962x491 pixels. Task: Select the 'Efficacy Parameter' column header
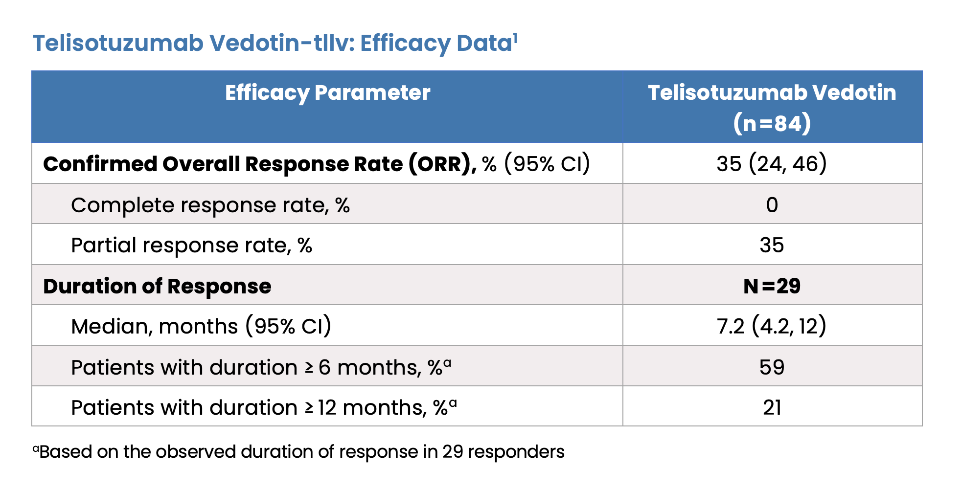pyautogui.click(x=328, y=93)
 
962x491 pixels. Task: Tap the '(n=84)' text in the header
pyautogui.click(x=772, y=123)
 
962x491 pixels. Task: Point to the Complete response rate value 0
pyautogui.click(x=772, y=204)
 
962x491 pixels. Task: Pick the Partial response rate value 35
pyautogui.click(x=772, y=245)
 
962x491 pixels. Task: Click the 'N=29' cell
pyautogui.click(x=772, y=286)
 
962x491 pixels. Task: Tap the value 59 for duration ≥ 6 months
pyautogui.click(x=772, y=367)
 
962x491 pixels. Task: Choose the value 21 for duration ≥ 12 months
pyautogui.click(x=772, y=407)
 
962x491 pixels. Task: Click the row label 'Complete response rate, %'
pyautogui.click(x=210, y=205)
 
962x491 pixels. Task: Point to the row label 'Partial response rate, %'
pyautogui.click(x=192, y=245)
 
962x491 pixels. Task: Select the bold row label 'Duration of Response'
pyautogui.click(x=157, y=286)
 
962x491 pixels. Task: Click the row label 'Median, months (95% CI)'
pyautogui.click(x=201, y=326)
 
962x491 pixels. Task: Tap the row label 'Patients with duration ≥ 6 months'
pyautogui.click(x=246, y=367)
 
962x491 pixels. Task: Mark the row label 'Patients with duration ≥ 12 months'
pyautogui.click(x=249, y=407)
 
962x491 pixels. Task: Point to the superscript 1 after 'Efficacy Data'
pyautogui.click(x=515, y=38)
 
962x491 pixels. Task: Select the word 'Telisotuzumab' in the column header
pyautogui.click(x=725, y=93)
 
